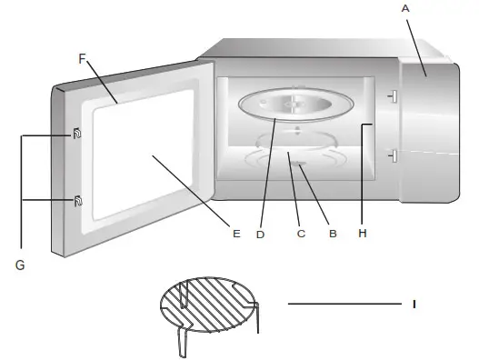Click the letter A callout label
tap(405, 7)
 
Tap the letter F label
tap(82, 58)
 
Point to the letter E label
tap(235, 234)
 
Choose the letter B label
tap(333, 234)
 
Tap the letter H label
tap(362, 234)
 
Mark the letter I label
tap(414, 304)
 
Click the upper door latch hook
tap(76, 135)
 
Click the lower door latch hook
tap(76, 200)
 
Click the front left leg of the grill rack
tap(181, 345)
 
